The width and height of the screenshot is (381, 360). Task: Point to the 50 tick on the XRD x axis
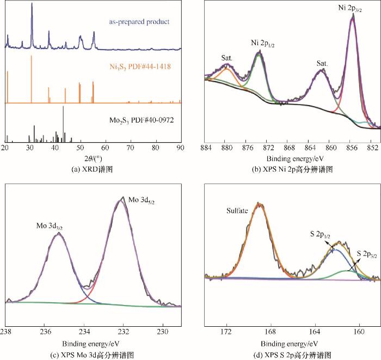[x=81, y=147]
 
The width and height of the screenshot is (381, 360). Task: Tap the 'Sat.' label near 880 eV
[x=227, y=57]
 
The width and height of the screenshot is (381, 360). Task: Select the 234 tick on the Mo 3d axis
[x=84, y=331]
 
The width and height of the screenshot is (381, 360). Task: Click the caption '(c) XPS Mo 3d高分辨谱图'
[x=92, y=354]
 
